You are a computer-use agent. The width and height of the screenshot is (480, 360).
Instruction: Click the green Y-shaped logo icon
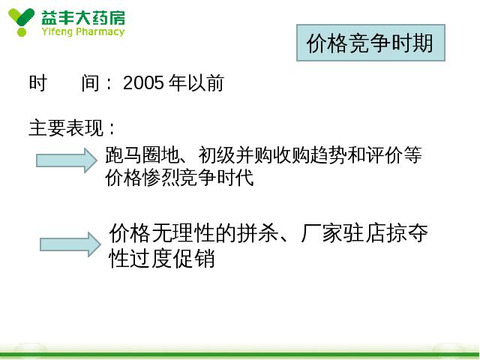tap(21, 22)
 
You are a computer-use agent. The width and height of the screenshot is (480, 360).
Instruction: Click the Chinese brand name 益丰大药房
tap(83, 17)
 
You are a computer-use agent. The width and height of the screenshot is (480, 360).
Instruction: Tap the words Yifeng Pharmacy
tap(83, 31)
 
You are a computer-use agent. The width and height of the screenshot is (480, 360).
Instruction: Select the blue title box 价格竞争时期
tap(370, 43)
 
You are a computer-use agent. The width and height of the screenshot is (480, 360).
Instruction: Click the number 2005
tap(143, 82)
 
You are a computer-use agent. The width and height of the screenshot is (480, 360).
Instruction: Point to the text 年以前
tap(196, 82)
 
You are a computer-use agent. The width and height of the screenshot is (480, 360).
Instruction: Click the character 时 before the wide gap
tap(38, 82)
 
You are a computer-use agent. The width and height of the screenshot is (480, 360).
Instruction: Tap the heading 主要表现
tap(66, 127)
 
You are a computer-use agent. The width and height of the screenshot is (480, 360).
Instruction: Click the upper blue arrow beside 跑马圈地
tap(67, 160)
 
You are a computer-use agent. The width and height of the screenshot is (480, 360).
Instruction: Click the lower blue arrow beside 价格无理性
tap(70, 244)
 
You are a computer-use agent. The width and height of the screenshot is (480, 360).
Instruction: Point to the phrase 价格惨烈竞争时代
tap(179, 177)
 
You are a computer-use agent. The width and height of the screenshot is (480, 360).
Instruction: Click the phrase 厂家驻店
tap(343, 233)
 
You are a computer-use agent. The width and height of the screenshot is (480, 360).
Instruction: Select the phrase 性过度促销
tap(162, 258)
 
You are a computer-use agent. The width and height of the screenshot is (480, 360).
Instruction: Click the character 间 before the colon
tap(90, 82)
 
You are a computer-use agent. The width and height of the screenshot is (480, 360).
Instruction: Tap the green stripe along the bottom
tap(240, 355)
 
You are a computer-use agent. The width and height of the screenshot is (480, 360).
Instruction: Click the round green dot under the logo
tap(22, 32)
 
